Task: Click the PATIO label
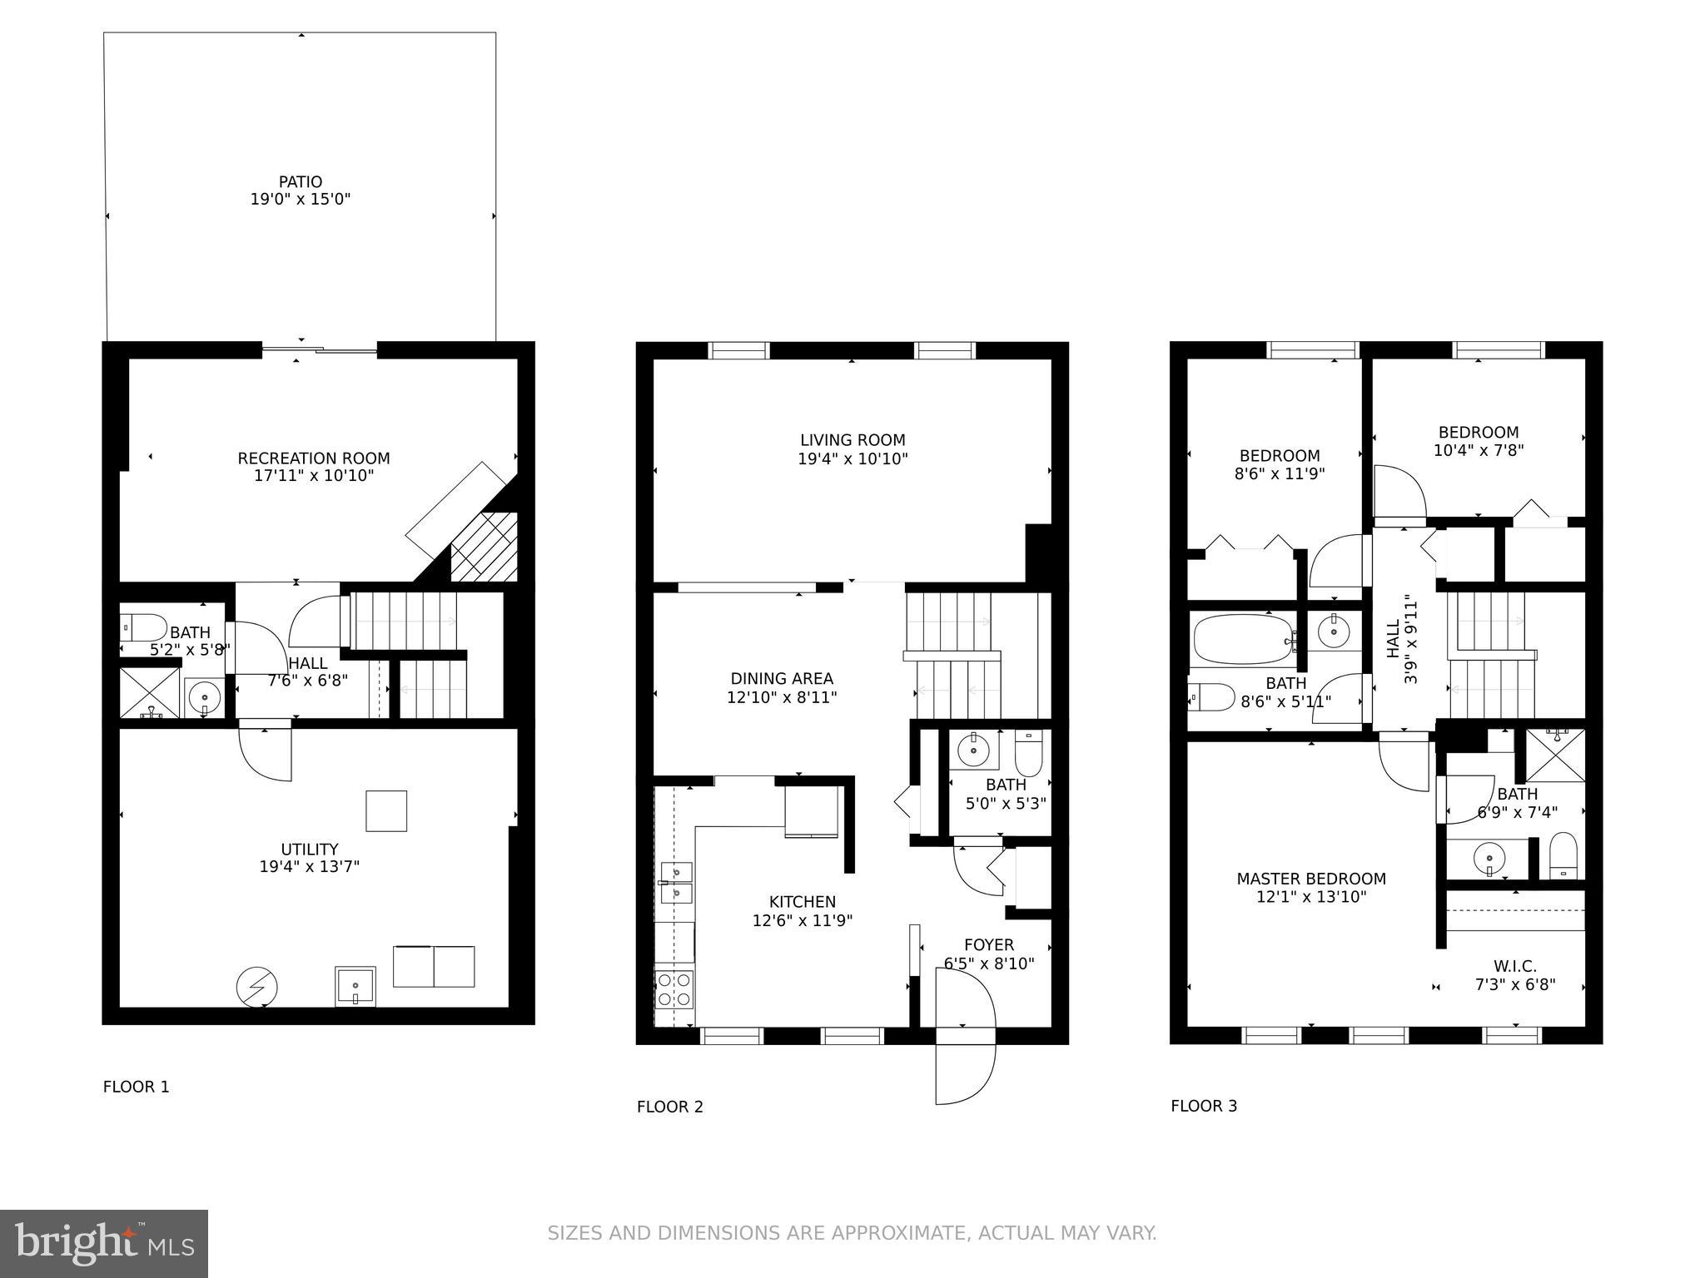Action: tap(300, 181)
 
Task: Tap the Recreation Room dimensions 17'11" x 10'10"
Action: tap(313, 476)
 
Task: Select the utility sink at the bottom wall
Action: tap(355, 986)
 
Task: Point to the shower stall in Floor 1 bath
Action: tap(149, 692)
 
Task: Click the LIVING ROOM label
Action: tap(852, 440)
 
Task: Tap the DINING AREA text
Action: tap(781, 679)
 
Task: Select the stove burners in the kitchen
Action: tap(674, 989)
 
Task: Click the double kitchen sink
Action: tap(677, 883)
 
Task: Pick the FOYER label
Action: tap(988, 945)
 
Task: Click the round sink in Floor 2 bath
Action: tap(973, 751)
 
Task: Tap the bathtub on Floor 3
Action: tap(1243, 639)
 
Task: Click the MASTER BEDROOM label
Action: tap(1310, 879)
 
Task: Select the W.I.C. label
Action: tap(1514, 966)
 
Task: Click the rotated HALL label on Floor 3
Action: tap(1394, 639)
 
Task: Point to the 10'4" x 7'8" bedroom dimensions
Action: tap(1478, 450)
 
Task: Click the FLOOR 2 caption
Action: tap(669, 1107)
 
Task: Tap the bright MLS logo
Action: tap(104, 1244)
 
